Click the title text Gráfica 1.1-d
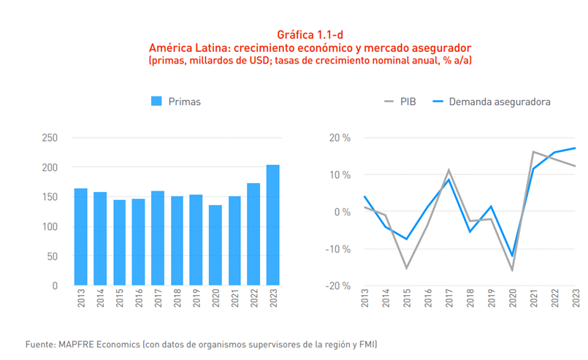(310, 35)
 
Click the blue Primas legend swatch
(156, 102)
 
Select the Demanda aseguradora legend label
(500, 102)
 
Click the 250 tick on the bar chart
(50, 138)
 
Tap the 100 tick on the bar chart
(50, 227)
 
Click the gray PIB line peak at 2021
(533, 152)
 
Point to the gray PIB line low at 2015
(406, 268)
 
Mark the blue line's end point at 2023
(576, 148)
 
